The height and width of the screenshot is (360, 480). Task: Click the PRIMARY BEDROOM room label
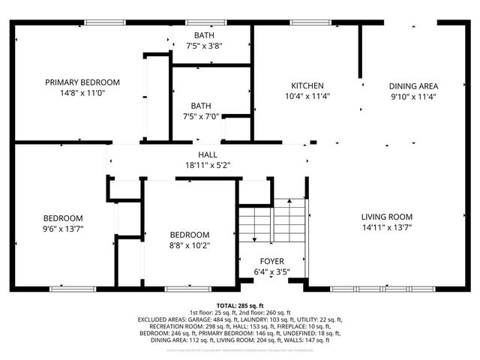(x=82, y=82)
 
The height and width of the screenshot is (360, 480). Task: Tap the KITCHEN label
(x=307, y=85)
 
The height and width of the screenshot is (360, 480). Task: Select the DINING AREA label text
(x=413, y=85)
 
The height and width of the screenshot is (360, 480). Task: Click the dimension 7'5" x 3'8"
(x=204, y=46)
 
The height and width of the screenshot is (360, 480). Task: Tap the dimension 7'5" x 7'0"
(x=204, y=116)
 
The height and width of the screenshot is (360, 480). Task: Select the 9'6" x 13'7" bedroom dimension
(x=61, y=229)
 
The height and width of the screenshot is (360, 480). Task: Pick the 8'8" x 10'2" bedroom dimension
(x=189, y=244)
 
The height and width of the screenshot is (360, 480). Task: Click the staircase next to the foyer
(x=272, y=220)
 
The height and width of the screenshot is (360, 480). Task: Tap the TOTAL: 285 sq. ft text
(x=240, y=306)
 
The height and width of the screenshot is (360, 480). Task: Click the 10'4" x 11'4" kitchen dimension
(x=307, y=96)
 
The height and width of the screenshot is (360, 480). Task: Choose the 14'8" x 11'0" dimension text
(x=82, y=93)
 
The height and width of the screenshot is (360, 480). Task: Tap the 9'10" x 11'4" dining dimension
(x=413, y=96)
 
